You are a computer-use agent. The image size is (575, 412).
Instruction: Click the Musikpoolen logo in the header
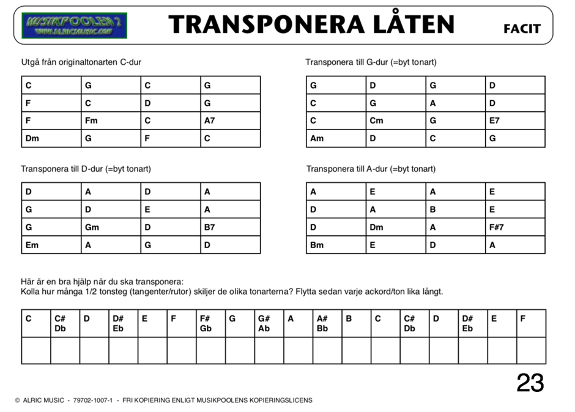[x=74, y=25]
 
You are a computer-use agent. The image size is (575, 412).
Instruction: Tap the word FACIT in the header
[x=522, y=29]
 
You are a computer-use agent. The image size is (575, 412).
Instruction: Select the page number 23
[x=530, y=383]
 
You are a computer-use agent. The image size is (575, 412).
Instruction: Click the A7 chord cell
[x=230, y=121]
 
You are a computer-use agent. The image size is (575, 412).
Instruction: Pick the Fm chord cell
[x=111, y=121]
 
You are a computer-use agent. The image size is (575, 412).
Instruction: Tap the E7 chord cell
[x=515, y=121]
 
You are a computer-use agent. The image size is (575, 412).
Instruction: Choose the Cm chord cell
[x=396, y=121]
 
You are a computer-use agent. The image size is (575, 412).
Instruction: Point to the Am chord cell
[x=336, y=139]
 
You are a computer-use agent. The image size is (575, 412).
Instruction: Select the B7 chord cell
[x=230, y=227]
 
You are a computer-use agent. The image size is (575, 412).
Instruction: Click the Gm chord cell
[x=111, y=227]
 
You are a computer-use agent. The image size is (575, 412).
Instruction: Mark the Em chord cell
[x=51, y=245]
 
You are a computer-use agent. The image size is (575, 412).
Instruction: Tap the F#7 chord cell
[x=515, y=227]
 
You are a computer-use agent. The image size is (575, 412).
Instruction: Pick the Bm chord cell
[x=336, y=245]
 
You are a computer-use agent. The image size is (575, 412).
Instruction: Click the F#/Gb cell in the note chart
[x=210, y=323]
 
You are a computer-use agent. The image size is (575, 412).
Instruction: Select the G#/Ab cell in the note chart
[x=269, y=323]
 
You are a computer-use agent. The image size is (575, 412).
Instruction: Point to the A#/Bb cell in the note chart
[x=327, y=323]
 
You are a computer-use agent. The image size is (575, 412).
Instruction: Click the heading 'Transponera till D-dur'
[x=86, y=169]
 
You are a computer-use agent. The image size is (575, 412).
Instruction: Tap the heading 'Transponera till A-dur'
[x=371, y=169]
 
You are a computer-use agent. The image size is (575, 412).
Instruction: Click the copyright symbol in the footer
[x=17, y=401]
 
